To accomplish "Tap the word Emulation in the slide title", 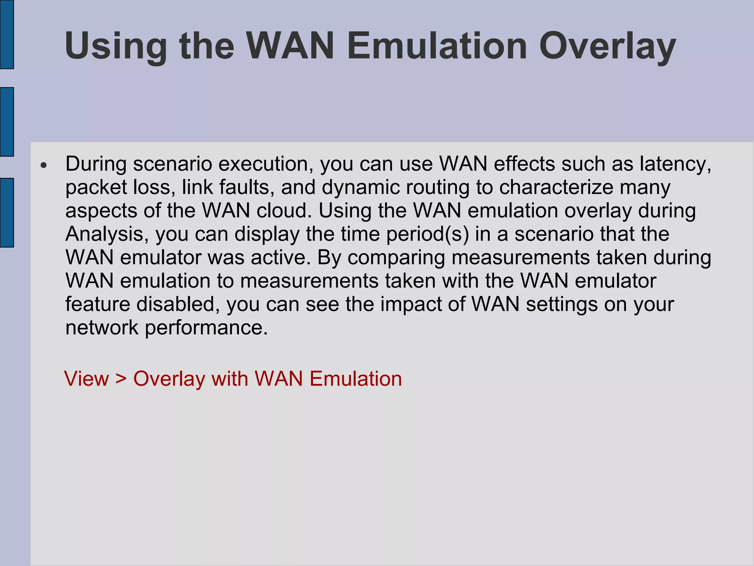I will pos(437,46).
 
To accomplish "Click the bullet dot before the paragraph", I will pos(44,165).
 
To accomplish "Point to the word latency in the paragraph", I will pos(675,164).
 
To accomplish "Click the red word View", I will pos(87,378).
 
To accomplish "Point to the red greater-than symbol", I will pos(121,379).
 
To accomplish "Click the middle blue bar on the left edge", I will pos(7,122).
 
